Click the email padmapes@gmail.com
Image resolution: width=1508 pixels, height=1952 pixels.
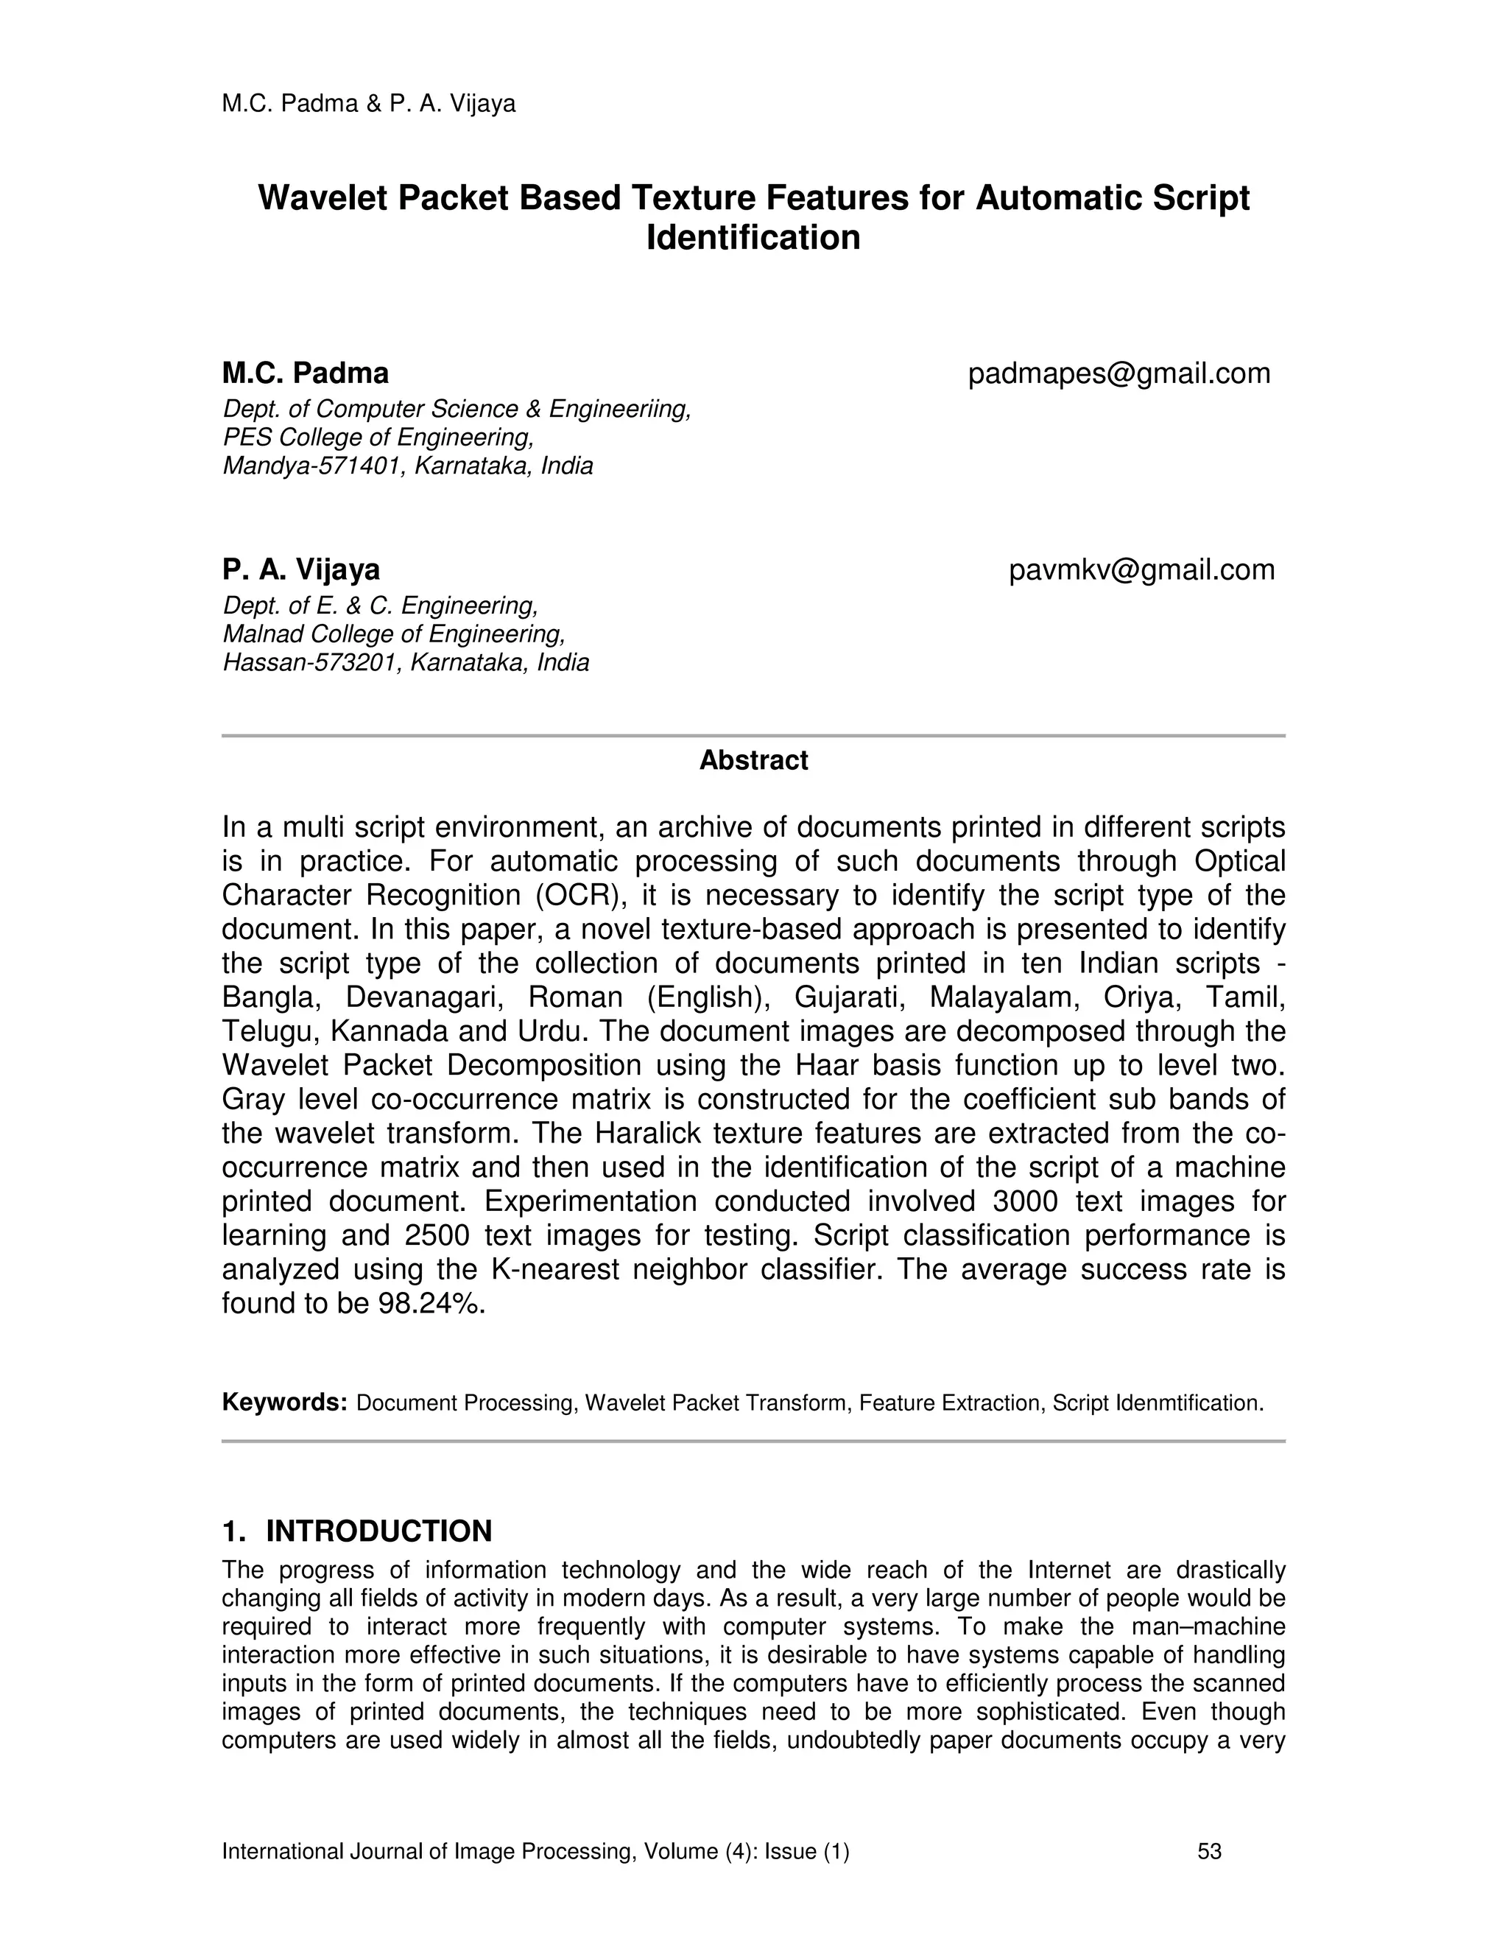[1118, 373]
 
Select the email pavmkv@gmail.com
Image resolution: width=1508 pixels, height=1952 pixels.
[1142, 570]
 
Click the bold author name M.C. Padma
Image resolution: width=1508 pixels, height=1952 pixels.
[305, 373]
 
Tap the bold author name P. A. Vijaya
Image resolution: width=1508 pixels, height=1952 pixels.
[301, 569]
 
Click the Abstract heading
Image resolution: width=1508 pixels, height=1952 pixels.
[753, 761]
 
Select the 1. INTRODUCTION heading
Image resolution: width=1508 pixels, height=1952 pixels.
[356, 1531]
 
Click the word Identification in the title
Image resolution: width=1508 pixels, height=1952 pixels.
[753, 238]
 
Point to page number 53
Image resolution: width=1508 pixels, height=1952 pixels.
[1209, 1851]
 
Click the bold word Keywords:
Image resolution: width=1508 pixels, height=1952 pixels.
[284, 1403]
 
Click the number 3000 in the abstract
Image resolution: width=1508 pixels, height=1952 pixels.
[1025, 1201]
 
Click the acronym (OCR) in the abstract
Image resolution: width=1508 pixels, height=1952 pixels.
[579, 896]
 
